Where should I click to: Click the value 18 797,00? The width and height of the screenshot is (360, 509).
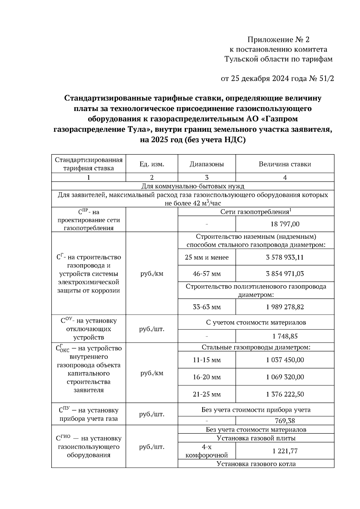pyautogui.click(x=285, y=224)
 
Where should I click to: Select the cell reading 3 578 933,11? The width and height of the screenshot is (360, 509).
pyautogui.click(x=285, y=257)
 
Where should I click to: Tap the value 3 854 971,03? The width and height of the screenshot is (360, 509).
pyautogui.click(x=285, y=274)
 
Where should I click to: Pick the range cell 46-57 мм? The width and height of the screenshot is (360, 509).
pyautogui.click(x=207, y=274)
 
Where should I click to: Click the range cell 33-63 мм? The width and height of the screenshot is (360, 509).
pyautogui.click(x=207, y=307)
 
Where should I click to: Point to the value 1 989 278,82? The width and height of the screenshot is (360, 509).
pyautogui.click(x=285, y=307)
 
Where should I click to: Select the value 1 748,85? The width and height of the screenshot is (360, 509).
pyautogui.click(x=285, y=336)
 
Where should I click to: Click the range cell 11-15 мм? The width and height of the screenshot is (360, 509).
pyautogui.click(x=207, y=360)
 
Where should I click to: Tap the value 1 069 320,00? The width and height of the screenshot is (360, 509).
pyautogui.click(x=285, y=377)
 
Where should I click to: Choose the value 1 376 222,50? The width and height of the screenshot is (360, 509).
pyautogui.click(x=285, y=394)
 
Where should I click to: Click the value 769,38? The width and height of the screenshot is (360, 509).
pyautogui.click(x=285, y=421)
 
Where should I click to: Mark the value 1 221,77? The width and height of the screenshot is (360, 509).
pyautogui.click(x=285, y=451)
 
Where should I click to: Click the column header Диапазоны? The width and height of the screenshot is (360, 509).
pyautogui.click(x=207, y=164)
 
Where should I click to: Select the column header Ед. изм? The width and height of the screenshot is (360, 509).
pyautogui.click(x=152, y=164)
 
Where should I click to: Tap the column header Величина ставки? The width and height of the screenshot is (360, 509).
pyautogui.click(x=285, y=164)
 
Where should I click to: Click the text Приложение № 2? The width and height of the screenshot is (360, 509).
pyautogui.click(x=278, y=40)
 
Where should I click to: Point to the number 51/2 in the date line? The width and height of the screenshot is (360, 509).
pyautogui.click(x=326, y=79)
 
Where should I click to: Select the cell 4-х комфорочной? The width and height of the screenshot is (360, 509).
pyautogui.click(x=207, y=451)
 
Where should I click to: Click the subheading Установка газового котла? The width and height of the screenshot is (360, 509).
pyautogui.click(x=256, y=464)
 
